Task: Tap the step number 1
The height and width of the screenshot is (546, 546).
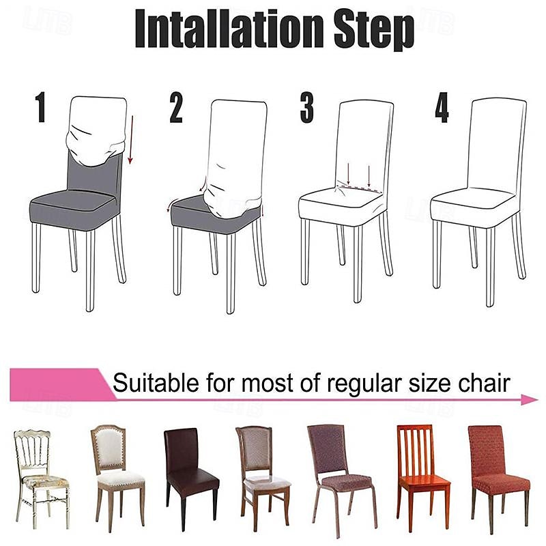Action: click(42, 109)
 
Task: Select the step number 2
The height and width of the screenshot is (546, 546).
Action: click(176, 109)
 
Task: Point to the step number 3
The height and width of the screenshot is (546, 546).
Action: click(306, 109)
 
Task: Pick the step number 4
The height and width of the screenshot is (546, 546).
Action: click(442, 109)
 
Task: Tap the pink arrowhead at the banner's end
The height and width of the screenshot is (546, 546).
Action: click(530, 399)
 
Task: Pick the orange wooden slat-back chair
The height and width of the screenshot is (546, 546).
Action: click(423, 471)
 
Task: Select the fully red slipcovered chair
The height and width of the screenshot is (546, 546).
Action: click(496, 471)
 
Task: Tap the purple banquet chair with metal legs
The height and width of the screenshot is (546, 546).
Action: click(340, 471)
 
